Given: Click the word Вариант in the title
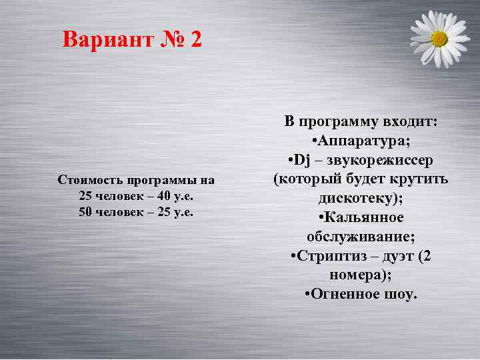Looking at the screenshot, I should pyautogui.click(x=107, y=40).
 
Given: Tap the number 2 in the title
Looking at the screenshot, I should pyautogui.click(x=195, y=40).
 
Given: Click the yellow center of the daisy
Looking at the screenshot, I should pyautogui.click(x=439, y=39).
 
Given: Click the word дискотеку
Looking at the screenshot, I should pyautogui.click(x=357, y=199).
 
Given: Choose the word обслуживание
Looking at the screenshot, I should pyautogui.click(x=359, y=237).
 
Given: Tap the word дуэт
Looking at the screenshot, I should pyautogui.click(x=393, y=256).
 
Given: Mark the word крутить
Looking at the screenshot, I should pyautogui.click(x=423, y=179).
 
